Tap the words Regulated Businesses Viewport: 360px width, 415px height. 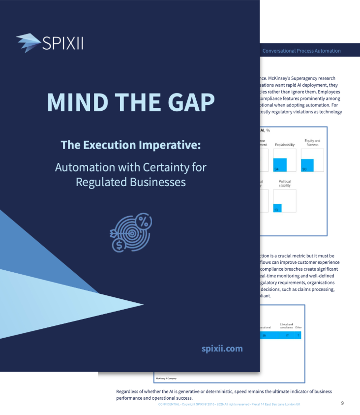point(131,182)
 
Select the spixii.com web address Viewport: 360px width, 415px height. point(222,349)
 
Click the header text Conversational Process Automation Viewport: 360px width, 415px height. point(301,51)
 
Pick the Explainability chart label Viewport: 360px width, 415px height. point(285,145)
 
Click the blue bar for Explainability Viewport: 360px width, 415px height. point(280,164)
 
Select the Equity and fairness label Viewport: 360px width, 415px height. point(312,143)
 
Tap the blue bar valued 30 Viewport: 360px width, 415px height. point(307,165)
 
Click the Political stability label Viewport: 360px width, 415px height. point(285,184)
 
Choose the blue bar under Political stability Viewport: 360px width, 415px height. point(277,208)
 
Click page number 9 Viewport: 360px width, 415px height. point(342,403)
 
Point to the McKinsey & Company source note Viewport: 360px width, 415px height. point(165,378)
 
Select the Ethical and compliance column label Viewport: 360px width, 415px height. point(286,325)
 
